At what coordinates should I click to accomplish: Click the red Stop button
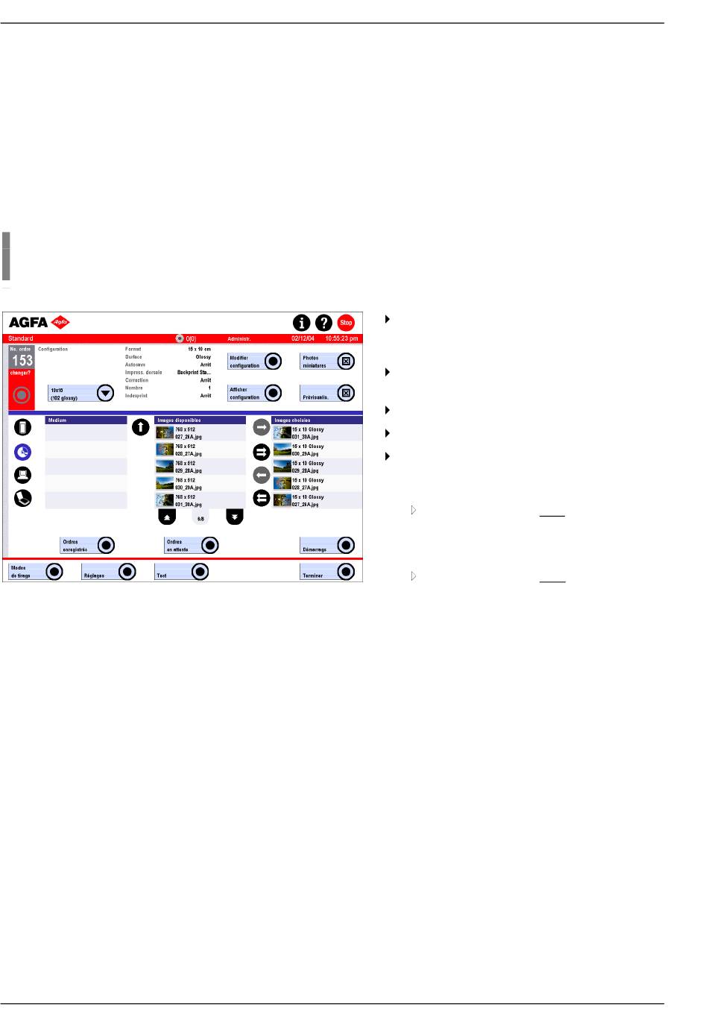pyautogui.click(x=346, y=323)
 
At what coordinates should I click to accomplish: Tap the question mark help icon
pyautogui.click(x=323, y=323)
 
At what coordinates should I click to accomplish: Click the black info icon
pyautogui.click(x=301, y=323)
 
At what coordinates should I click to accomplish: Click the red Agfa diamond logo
pyautogui.click(x=60, y=323)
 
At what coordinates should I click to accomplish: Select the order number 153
pyautogui.click(x=22, y=360)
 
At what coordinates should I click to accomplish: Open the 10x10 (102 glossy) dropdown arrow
pyautogui.click(x=106, y=393)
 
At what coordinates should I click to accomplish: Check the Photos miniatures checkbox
pyautogui.click(x=346, y=362)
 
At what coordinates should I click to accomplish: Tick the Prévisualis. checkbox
pyautogui.click(x=346, y=393)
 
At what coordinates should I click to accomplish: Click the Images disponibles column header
pyautogui.click(x=200, y=420)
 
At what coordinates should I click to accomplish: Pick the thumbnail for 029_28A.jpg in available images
pyautogui.click(x=164, y=467)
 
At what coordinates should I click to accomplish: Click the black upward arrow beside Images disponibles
pyautogui.click(x=140, y=427)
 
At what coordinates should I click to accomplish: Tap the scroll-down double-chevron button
pyautogui.click(x=235, y=517)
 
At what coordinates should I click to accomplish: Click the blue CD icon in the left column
pyautogui.click(x=23, y=452)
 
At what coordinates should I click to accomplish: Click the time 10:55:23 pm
pyautogui.click(x=341, y=338)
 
